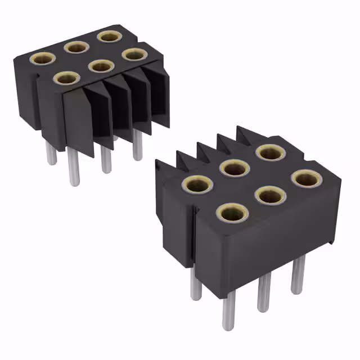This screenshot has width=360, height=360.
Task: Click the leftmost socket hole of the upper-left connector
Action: pos(43,58)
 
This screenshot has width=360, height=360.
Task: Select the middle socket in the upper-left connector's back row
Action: pos(76,47)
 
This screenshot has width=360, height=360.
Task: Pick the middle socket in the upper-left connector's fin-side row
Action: pos(101,66)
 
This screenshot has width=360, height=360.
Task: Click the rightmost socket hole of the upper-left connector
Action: pos(134,55)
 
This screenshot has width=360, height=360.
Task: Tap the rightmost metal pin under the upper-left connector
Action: pos(137,145)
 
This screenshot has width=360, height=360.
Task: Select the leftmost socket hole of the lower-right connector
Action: pos(197,184)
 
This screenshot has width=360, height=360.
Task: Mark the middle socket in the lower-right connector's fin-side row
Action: pos(234,167)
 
